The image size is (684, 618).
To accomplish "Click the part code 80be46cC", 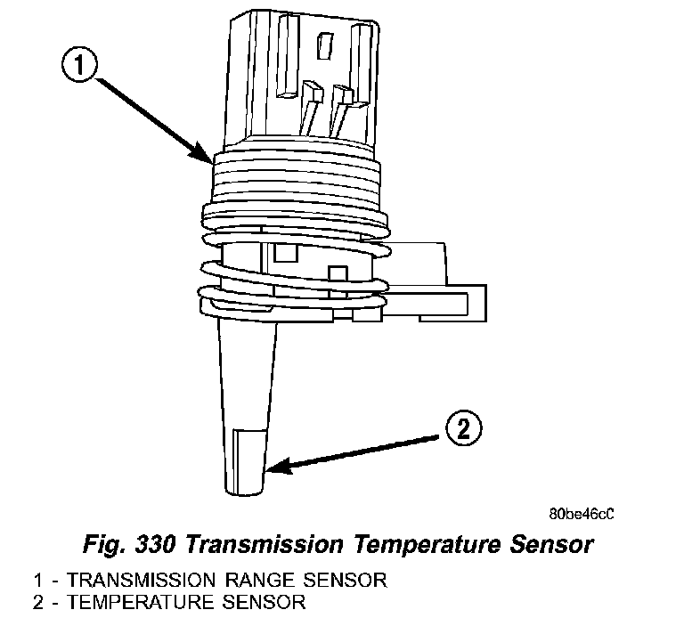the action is pyautogui.click(x=582, y=515).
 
